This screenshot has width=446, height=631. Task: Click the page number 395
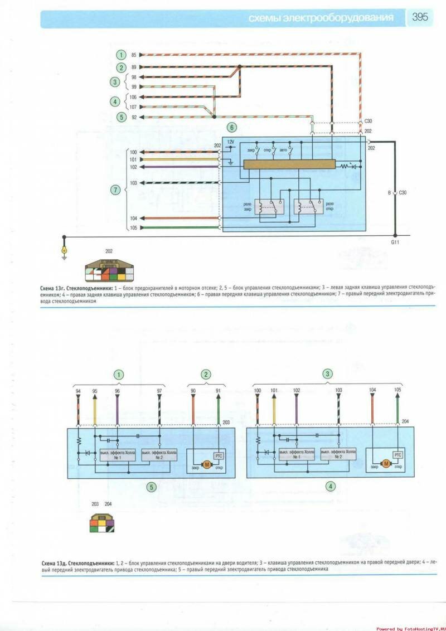point(420,17)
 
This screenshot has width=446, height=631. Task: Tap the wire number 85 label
point(134,55)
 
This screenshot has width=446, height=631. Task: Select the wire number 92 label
point(134,117)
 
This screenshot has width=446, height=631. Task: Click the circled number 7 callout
point(115,190)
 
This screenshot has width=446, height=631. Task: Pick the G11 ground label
point(395,243)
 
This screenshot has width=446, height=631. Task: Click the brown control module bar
point(289,164)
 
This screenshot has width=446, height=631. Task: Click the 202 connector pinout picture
point(109,271)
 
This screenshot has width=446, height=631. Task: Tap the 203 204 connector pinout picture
point(101,523)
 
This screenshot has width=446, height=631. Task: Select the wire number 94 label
point(78,391)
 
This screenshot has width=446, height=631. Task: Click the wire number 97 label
point(159,391)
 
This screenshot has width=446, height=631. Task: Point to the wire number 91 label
point(218,391)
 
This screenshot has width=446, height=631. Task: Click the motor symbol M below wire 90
point(205,464)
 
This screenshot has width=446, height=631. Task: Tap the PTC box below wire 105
point(397,455)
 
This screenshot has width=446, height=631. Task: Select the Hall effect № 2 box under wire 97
point(159,454)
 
